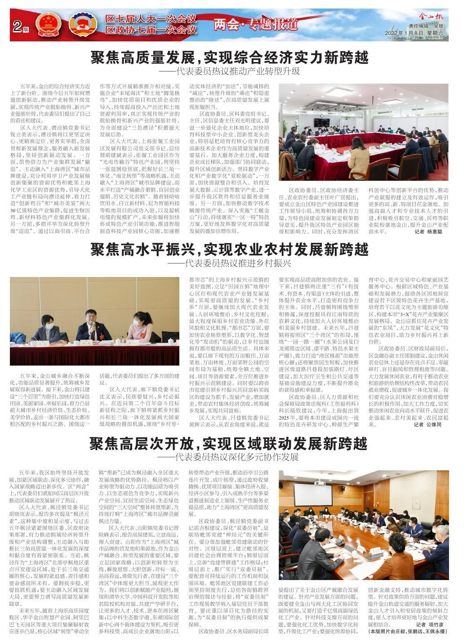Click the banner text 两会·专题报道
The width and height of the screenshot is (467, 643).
[256, 24]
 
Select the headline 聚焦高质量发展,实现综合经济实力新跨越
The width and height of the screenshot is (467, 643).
[230, 58]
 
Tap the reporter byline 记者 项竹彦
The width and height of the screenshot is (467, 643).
[430, 624]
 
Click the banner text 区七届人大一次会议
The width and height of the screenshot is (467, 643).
[151, 19]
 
